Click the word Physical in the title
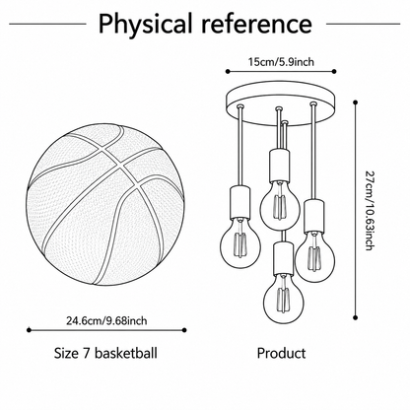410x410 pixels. click(145, 24)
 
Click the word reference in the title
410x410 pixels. click(256, 24)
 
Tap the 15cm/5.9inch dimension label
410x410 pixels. click(281, 61)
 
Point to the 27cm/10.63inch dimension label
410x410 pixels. click(370, 210)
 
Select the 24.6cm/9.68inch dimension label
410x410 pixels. click(106, 320)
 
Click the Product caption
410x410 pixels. click(281, 353)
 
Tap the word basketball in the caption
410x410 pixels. click(126, 353)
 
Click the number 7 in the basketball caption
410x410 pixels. click(86, 353)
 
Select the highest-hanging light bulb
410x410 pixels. click(280, 206)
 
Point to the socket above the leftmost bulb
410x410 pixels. click(240, 202)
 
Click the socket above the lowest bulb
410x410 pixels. click(284, 258)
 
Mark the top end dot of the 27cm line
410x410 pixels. click(355, 102)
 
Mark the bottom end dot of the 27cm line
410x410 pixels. click(355, 317)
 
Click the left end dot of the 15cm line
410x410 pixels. click(228, 71)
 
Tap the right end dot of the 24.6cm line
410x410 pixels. click(184, 330)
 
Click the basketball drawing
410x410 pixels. click(105, 204)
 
